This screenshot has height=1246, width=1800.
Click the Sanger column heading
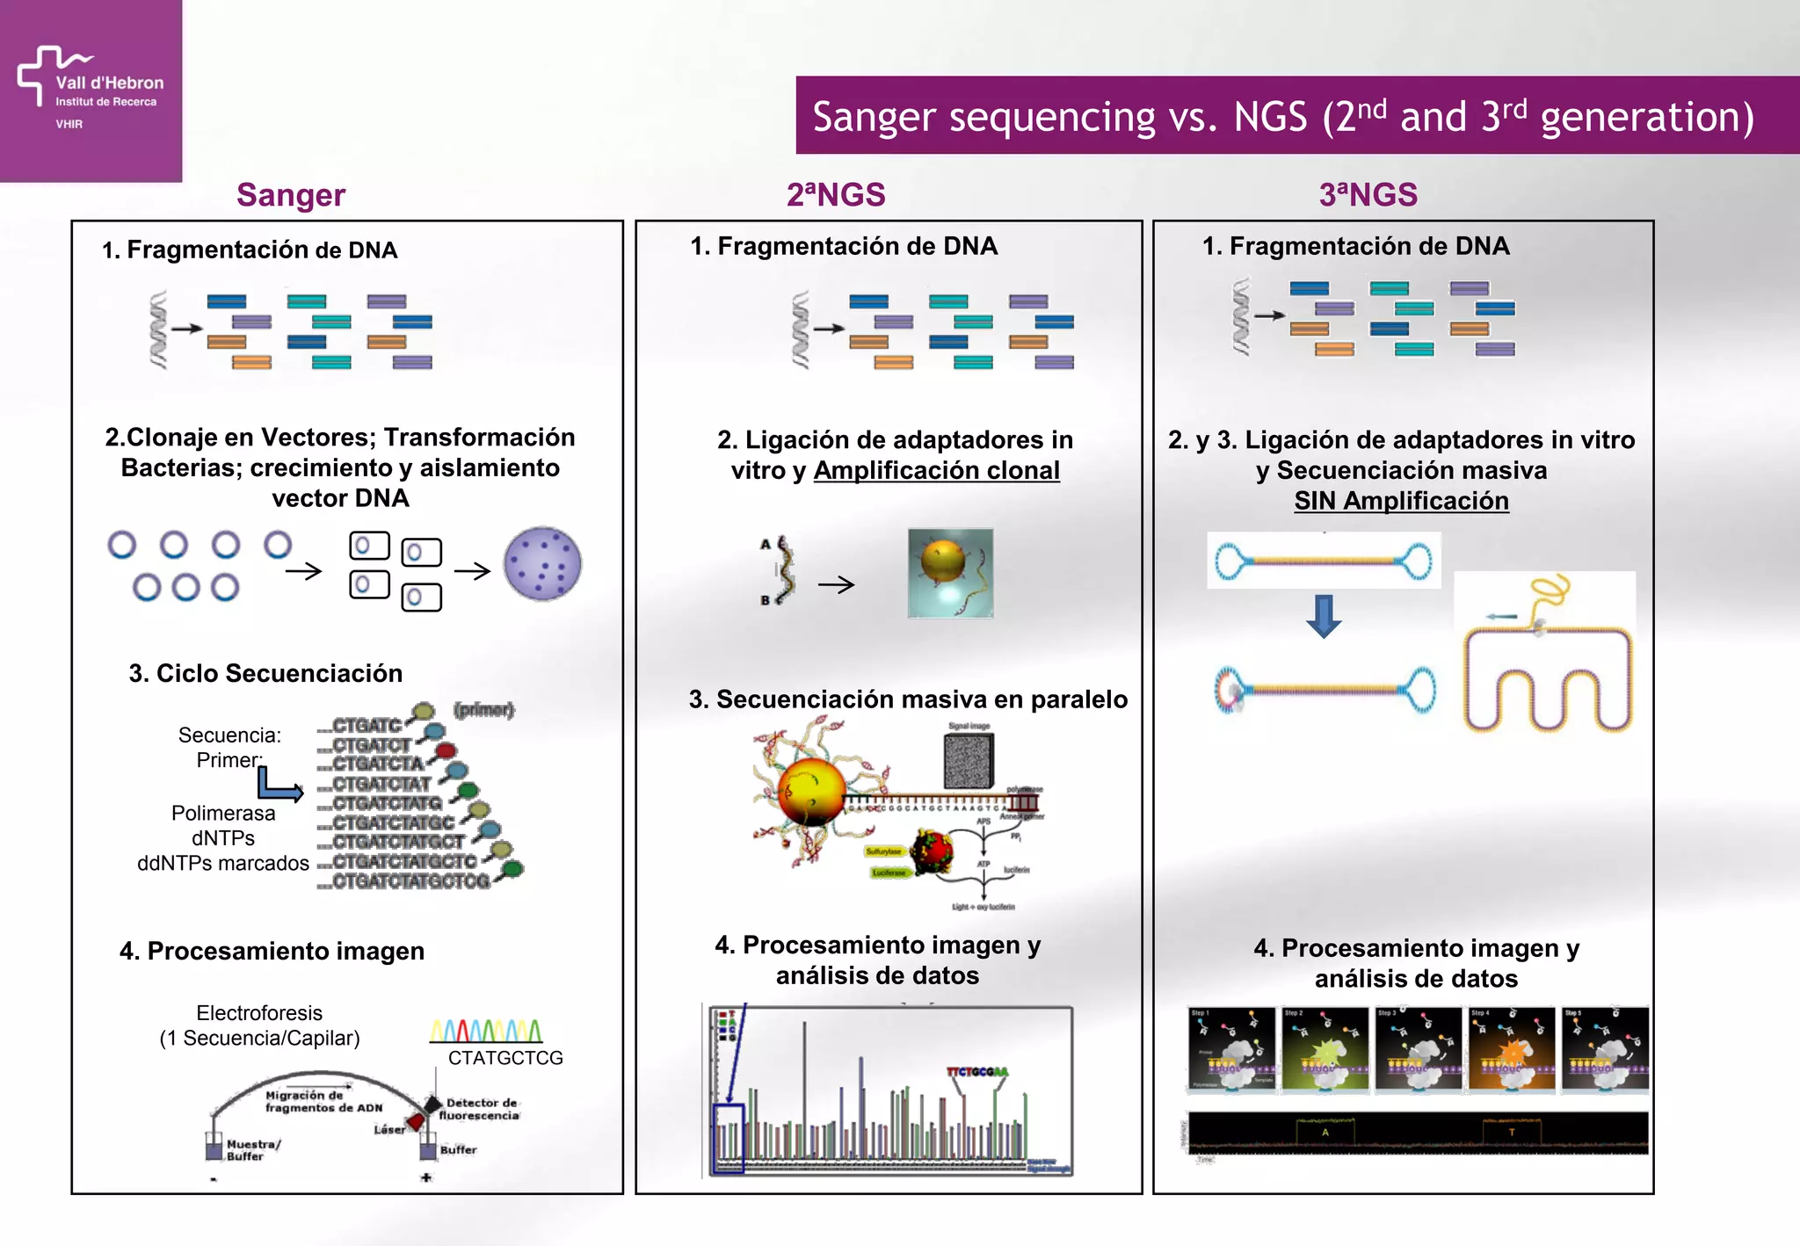pos(291,195)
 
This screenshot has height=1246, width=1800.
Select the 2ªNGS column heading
pos(835,195)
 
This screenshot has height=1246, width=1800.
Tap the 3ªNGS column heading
pos(1368,195)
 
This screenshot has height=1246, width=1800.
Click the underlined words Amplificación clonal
pos(936,471)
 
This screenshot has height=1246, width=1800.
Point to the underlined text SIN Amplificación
pos(1401,501)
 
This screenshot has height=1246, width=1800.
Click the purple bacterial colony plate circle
pos(542,564)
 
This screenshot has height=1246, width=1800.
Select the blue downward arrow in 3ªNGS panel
pos(1324,615)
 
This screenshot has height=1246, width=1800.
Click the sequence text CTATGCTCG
pos(505,1058)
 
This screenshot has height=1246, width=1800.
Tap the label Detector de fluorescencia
pos(480,1109)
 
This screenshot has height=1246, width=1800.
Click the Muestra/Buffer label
pos(252,1150)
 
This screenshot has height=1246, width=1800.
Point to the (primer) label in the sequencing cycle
pos(483,709)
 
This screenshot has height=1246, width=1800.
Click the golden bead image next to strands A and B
pos(950,573)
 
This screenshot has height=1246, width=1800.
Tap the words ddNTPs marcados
pos(223,864)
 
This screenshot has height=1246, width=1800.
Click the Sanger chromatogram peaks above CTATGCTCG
pos(486,1030)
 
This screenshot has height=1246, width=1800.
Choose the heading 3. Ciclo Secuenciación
pos(265,674)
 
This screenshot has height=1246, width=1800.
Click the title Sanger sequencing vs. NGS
pos(1282,117)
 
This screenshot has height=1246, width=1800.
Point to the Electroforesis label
pos(259,1013)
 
